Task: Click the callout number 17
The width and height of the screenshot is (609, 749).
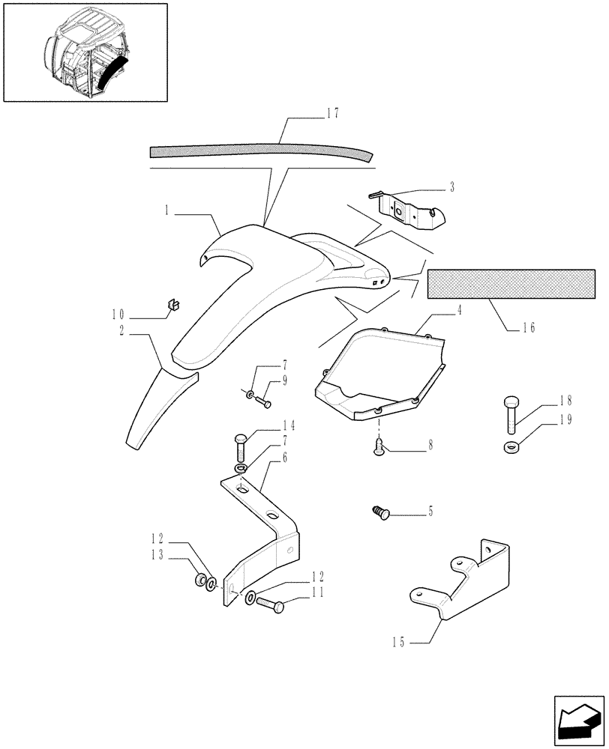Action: coord(333,114)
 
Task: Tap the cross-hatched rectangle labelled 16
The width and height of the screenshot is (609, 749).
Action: coord(511,285)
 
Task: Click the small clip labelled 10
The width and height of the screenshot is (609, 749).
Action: coord(175,303)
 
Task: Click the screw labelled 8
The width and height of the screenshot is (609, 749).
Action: coord(379,447)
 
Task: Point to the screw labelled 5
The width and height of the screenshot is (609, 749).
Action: coord(381,512)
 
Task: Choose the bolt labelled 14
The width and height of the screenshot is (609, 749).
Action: coord(241,447)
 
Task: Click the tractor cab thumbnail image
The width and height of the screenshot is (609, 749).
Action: coord(85,52)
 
